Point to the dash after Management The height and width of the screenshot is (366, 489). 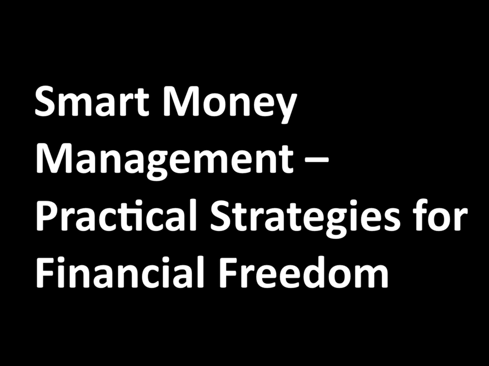click(x=313, y=162)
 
